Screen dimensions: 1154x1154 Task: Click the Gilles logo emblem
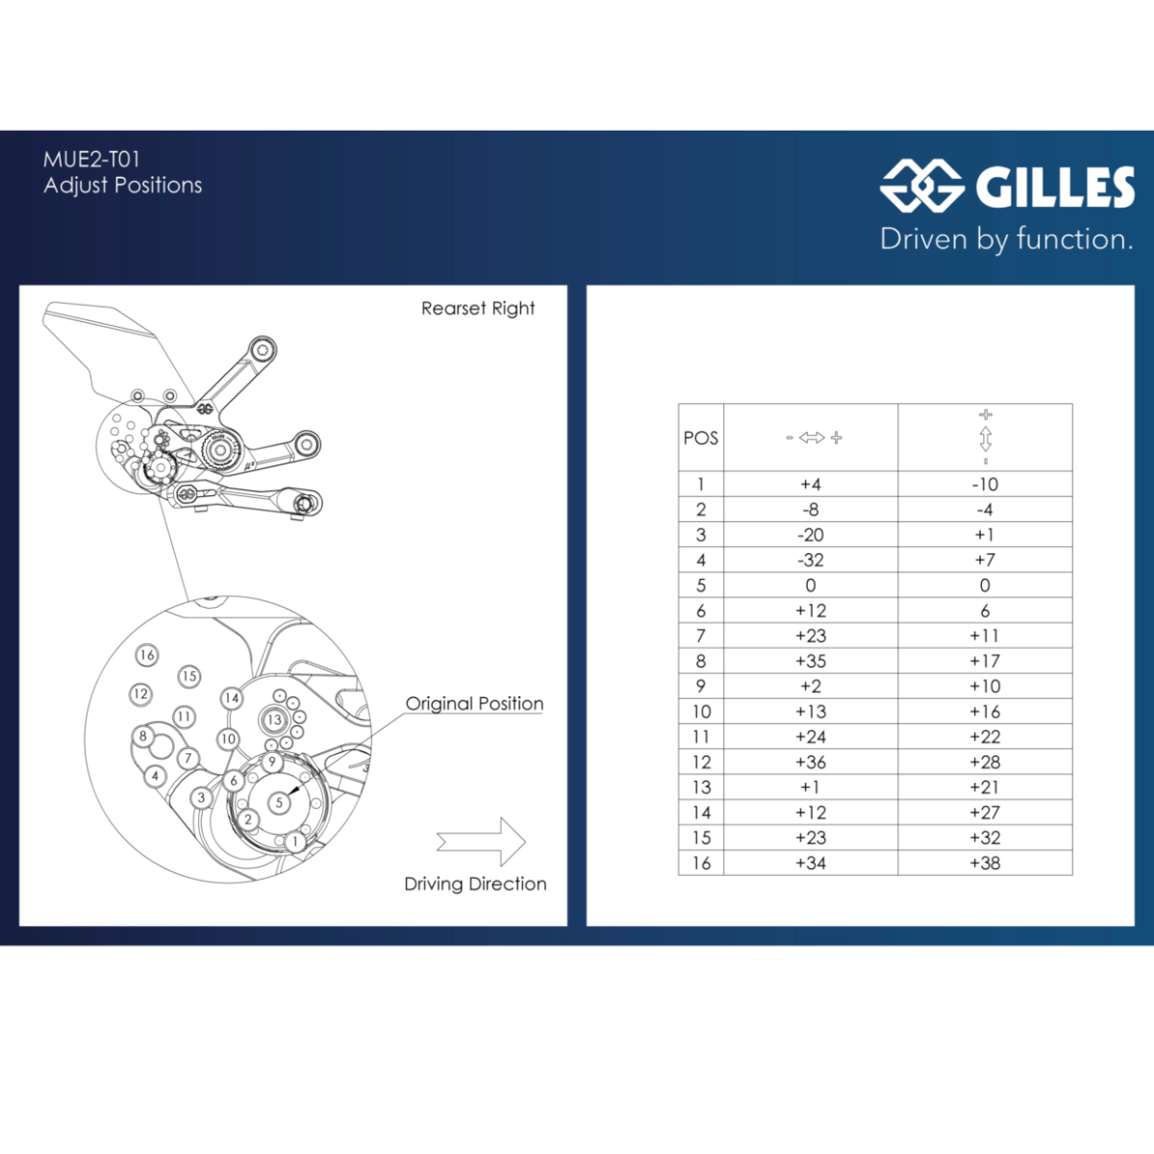(x=921, y=186)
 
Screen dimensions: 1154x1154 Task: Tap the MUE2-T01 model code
(x=91, y=160)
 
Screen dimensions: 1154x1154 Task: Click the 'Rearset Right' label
(x=478, y=309)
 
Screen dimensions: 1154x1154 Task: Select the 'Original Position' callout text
(x=474, y=703)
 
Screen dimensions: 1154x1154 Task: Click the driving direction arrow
(x=482, y=841)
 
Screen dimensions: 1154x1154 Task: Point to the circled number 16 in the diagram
(x=147, y=655)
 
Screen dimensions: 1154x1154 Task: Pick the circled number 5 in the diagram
(x=279, y=803)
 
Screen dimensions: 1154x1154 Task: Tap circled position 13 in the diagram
(x=274, y=720)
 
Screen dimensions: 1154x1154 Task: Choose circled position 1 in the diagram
(x=294, y=841)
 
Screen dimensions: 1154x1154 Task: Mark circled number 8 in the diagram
(x=142, y=736)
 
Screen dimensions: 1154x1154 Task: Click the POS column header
(x=701, y=439)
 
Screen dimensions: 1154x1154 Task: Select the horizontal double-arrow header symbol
(x=814, y=438)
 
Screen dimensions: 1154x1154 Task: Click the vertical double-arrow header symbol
(x=986, y=438)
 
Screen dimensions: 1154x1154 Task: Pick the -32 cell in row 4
(x=811, y=560)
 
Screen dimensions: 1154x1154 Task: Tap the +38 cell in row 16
(x=985, y=863)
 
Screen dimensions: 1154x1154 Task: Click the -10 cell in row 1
(x=985, y=484)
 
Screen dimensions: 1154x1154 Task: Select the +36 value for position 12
(x=811, y=762)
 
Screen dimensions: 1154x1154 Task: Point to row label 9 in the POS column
(x=701, y=687)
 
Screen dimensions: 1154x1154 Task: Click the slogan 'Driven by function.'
(x=1007, y=238)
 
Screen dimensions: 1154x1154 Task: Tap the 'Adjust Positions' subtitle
(x=123, y=185)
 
